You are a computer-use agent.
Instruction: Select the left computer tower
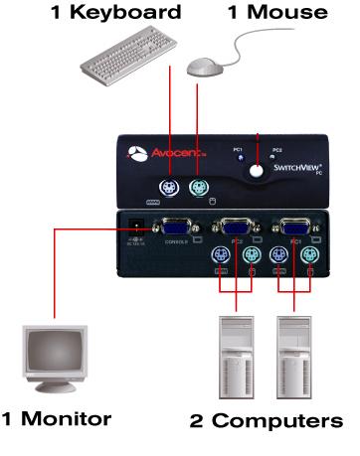(237, 358)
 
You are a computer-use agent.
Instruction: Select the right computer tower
(296, 358)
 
